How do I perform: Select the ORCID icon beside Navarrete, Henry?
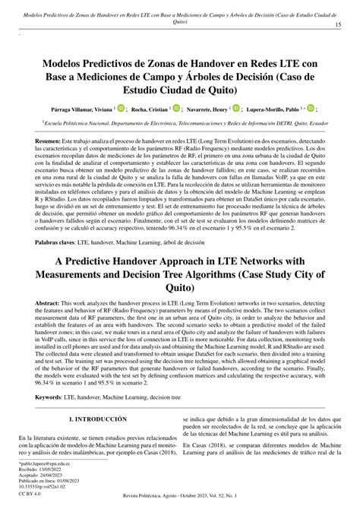click(x=257, y=109)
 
